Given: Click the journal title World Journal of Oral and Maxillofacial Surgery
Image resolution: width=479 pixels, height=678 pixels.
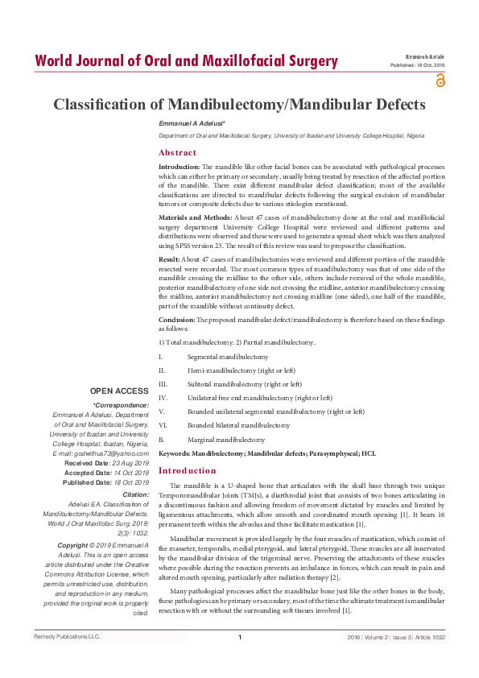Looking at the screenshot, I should (x=186, y=60).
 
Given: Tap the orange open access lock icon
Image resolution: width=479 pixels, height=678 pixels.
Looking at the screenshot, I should (x=440, y=79).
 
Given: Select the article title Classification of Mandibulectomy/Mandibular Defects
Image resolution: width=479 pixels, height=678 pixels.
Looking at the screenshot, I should (x=239, y=105).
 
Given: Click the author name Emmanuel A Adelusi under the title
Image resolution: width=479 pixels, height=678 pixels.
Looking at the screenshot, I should (x=192, y=122).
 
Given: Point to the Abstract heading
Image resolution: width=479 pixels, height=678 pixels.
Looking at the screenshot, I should (x=177, y=152).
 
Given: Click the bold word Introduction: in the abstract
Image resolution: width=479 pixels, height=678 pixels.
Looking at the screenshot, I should (x=180, y=166).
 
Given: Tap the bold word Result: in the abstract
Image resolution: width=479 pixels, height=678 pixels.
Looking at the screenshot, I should (x=169, y=260).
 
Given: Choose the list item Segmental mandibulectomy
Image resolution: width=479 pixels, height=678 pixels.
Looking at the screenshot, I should (x=228, y=356).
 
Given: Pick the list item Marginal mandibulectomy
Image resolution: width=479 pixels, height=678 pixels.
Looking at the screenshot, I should (x=225, y=440).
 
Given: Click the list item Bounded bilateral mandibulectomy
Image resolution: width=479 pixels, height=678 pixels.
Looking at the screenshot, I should (x=238, y=424).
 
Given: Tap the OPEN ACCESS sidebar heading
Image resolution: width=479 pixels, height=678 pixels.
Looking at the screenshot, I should (x=118, y=391).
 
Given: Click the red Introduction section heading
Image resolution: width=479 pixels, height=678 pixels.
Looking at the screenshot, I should (x=187, y=470).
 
